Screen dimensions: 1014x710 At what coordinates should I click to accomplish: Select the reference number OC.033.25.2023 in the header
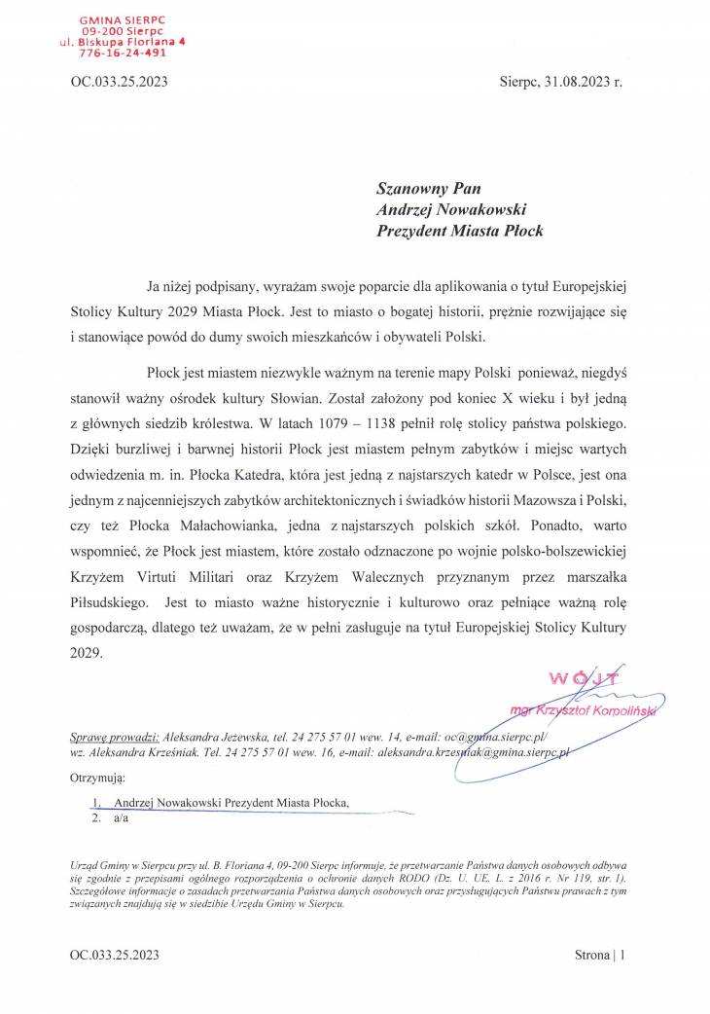(120, 83)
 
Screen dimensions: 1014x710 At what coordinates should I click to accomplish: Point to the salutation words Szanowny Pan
(429, 188)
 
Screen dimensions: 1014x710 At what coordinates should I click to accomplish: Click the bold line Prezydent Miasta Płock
(459, 231)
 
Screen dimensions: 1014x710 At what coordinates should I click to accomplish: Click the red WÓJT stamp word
(579, 678)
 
